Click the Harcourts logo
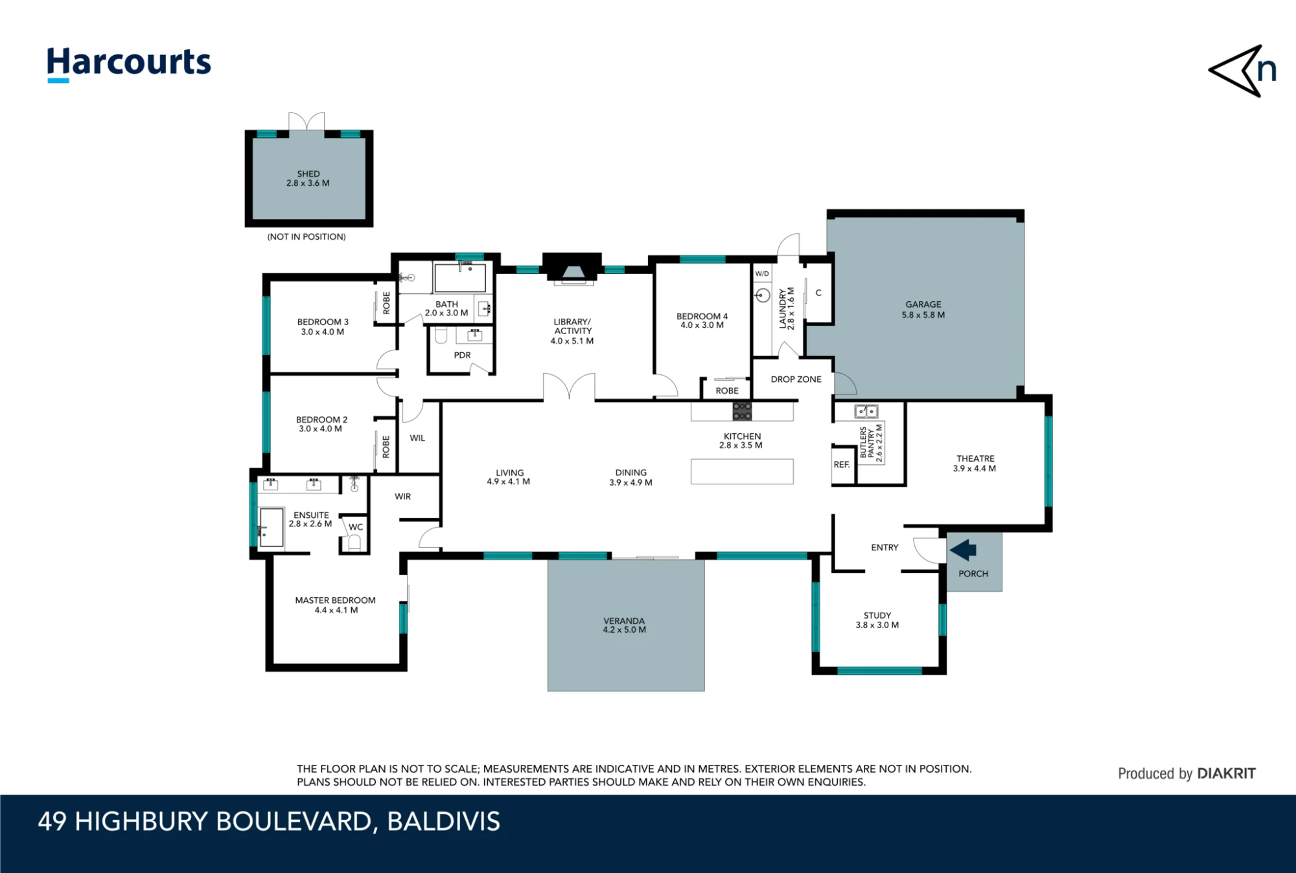tap(129, 64)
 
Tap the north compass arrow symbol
tap(1242, 71)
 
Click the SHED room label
tap(308, 174)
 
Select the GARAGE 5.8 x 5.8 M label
tap(923, 310)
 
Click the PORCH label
tap(973, 574)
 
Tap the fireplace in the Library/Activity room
tap(572, 269)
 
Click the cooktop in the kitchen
tap(742, 411)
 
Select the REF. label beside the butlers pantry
tap(842, 464)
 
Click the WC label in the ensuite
tap(356, 527)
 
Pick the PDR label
tap(462, 355)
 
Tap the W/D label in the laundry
tap(762, 274)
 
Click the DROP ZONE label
tap(796, 380)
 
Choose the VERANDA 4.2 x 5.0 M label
tap(624, 625)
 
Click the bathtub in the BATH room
tap(460, 278)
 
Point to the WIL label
tap(417, 438)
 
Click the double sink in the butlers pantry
tap(866, 411)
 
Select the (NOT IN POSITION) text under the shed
tap(307, 237)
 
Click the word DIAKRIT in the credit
tap(1226, 773)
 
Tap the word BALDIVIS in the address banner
tap(444, 822)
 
